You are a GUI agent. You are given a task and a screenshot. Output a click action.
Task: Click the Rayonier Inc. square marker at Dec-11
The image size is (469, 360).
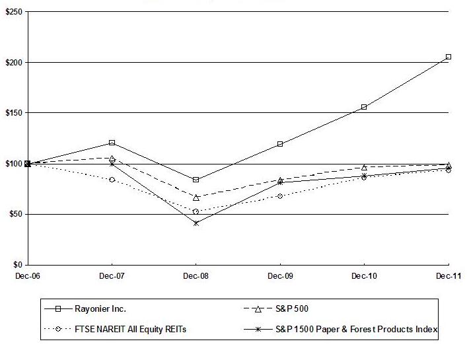449,57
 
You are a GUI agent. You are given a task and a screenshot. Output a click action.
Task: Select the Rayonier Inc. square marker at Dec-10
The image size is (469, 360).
364,107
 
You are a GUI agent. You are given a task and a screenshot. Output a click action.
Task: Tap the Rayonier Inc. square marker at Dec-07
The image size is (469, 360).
112,143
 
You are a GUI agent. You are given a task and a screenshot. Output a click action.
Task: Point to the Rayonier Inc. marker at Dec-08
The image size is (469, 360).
196,180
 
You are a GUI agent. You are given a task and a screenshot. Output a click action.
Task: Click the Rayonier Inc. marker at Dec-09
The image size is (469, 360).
280,144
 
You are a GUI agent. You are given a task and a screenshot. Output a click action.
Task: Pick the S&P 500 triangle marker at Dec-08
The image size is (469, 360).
196,197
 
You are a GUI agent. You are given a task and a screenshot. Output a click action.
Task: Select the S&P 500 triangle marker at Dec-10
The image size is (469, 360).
364,167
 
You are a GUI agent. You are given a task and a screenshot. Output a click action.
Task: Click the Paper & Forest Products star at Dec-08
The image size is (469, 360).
196,223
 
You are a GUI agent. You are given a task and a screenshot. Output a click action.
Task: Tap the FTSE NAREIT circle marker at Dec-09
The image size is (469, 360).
280,196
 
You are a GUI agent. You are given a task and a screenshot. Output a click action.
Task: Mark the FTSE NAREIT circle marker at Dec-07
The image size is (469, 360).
112,180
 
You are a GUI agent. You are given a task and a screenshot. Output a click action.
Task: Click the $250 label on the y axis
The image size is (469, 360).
13,12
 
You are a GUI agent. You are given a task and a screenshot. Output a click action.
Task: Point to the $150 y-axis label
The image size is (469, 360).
13,113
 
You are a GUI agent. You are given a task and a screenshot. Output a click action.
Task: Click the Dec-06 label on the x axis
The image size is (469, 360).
27,276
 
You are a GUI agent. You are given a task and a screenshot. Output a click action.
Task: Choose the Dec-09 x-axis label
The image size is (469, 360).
280,276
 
